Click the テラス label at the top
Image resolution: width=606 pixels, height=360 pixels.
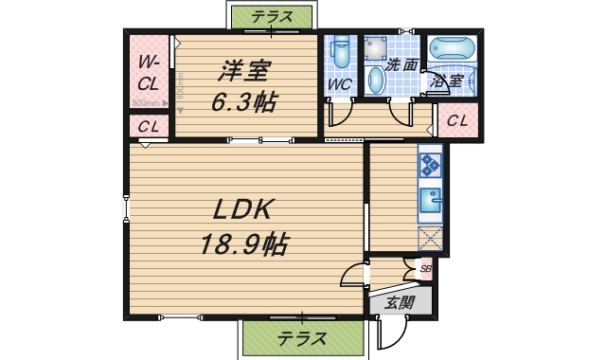(272, 16)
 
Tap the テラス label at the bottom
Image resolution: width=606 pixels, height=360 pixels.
(302, 338)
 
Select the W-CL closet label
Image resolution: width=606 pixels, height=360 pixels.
(148, 74)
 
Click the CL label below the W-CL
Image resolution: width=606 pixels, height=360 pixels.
(148, 126)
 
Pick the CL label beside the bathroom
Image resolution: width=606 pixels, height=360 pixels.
(457, 120)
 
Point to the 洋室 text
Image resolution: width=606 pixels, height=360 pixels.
(245, 71)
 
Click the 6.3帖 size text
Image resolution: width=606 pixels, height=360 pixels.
(244, 101)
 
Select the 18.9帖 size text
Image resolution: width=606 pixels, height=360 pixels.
(244, 245)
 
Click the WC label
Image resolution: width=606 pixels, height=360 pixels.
(340, 84)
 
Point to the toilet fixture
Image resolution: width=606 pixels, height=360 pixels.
(342, 54)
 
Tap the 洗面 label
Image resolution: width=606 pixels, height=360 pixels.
(402, 65)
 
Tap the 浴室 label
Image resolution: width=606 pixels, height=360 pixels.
(446, 81)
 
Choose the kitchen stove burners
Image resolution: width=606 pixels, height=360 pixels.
(431, 165)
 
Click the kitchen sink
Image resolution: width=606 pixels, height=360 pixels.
(431, 201)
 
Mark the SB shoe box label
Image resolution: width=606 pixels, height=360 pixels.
(424, 269)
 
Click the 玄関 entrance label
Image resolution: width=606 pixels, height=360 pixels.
(400, 303)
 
